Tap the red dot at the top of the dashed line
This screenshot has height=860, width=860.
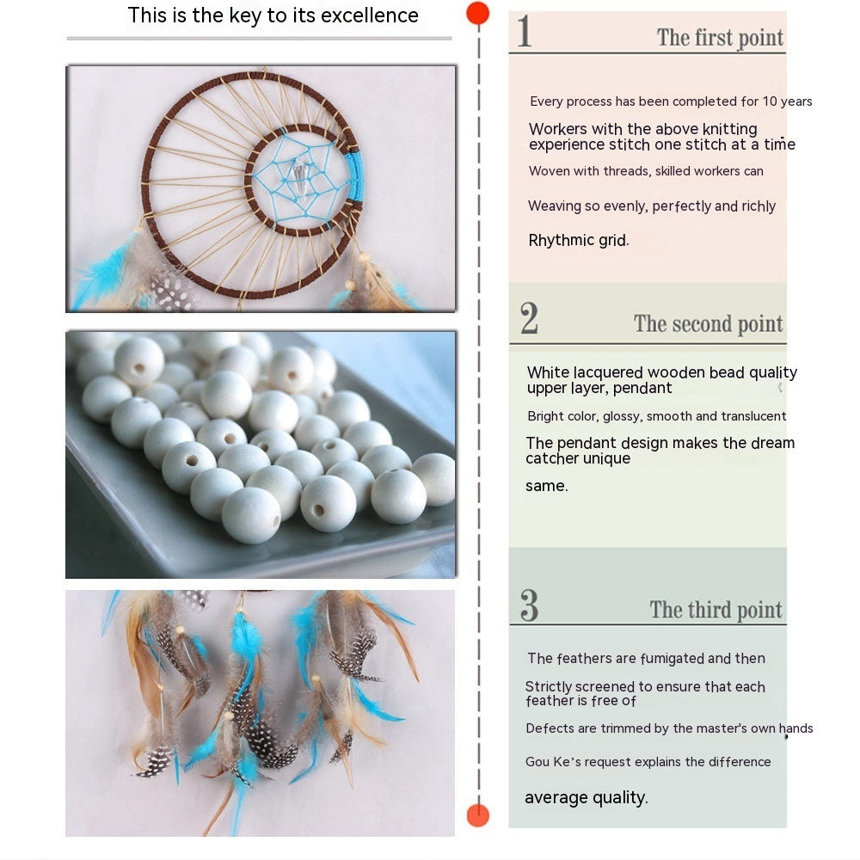coord(477,13)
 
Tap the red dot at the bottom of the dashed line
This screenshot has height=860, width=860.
coord(477,814)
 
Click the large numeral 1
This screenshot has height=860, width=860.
coord(524,33)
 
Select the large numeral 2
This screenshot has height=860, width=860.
coord(529,319)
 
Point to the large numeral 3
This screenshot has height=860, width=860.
coord(529,605)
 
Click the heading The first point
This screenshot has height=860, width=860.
coord(720,38)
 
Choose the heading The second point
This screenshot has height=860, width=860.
coord(708,324)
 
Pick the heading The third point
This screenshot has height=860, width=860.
coord(716,611)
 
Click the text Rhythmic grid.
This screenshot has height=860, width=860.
coord(578,241)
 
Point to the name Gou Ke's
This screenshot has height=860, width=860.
coord(550,762)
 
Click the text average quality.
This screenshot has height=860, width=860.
coord(586,798)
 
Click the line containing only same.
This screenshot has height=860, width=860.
coord(546,486)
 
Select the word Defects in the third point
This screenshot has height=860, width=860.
coord(550,728)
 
